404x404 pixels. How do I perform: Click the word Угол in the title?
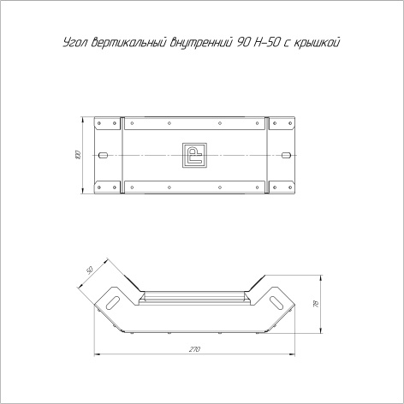tap(74, 43)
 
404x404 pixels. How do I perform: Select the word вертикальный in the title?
tap(129, 42)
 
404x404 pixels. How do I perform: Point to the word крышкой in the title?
tap(317, 42)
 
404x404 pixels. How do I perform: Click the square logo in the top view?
tap(194, 155)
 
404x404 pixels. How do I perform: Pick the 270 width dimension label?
tap(194, 349)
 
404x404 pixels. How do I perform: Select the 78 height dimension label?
tap(316, 304)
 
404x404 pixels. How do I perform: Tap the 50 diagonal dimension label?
tap(90, 270)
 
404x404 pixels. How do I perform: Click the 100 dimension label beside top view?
tap(79, 155)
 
